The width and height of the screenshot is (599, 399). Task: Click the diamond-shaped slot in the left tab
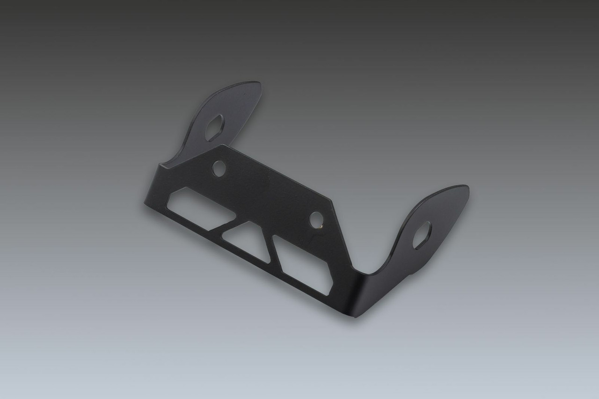click(x=214, y=128)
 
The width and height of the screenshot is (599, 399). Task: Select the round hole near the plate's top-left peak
click(x=218, y=168)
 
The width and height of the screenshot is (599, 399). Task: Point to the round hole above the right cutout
click(x=316, y=219)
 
